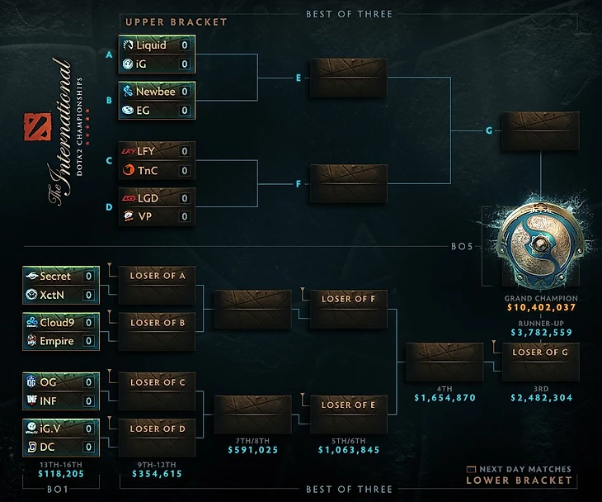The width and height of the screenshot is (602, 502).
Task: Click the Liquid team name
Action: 151,45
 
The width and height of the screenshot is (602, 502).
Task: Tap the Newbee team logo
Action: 128,92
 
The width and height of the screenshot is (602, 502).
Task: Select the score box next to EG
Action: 185,111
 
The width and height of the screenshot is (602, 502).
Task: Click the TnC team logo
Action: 128,170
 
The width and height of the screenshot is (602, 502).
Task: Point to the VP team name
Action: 145,216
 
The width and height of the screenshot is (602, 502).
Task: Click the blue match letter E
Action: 299,78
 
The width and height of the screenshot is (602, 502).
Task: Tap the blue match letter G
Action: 489,130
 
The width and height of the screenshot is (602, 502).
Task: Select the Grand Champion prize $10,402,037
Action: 541,307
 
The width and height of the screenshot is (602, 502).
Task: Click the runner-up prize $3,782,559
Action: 541,333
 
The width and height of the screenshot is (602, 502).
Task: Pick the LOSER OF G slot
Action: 541,362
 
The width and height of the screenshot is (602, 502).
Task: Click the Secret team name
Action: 55,276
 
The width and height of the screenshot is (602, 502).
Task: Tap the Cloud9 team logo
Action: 32,322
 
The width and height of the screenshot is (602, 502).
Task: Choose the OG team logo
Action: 31,382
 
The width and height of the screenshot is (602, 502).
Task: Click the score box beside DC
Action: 89,447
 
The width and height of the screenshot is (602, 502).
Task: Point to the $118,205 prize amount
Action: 61,474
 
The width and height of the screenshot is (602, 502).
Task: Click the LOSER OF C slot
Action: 157,391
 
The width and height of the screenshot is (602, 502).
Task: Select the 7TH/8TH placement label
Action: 252,441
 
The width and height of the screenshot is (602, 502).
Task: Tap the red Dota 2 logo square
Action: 37,126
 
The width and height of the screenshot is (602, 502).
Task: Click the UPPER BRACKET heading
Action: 176,22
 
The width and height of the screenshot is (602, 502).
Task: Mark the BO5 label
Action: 462,246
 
